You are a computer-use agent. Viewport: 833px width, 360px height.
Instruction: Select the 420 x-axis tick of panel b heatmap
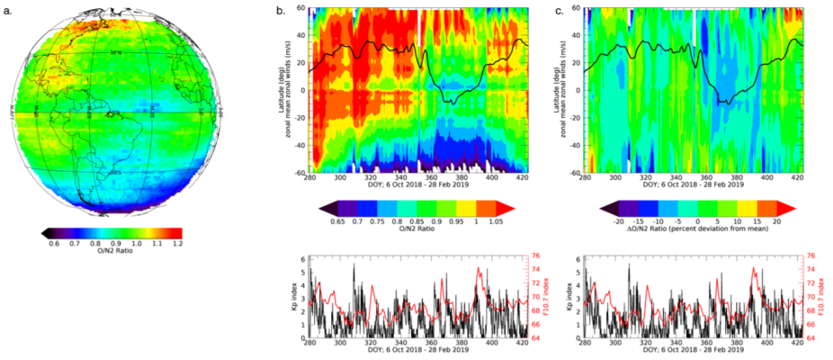pos(517,177)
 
